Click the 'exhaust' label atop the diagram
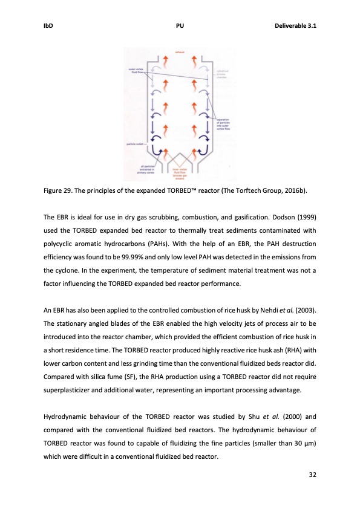[x=179, y=53]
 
